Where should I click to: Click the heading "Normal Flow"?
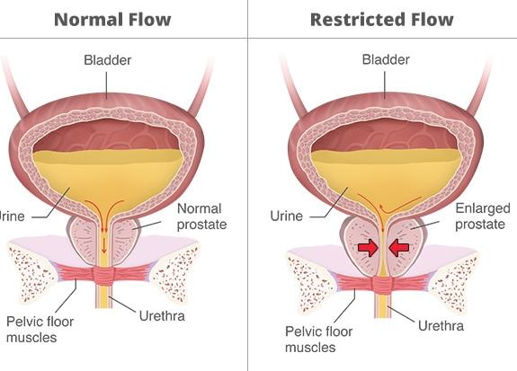coord(112,20)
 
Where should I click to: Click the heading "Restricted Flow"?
coord(382,20)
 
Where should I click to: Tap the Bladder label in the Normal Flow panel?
coord(108,60)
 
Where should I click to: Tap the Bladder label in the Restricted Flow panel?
coord(386,59)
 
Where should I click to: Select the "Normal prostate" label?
coord(201,216)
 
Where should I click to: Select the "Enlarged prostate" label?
coord(483,216)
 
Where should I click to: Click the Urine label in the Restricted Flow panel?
coord(286,216)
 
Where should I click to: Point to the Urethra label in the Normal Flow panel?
coord(162,316)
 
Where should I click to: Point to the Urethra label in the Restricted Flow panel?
coord(441,326)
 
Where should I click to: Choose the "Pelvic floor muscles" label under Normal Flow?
coord(40,330)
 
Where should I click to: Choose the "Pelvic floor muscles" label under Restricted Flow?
coord(318,340)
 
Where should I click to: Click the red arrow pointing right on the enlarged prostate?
coord(368,247)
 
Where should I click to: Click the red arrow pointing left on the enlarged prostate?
coord(399,247)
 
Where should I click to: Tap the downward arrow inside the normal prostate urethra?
coord(104,245)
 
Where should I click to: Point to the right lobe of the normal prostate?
coord(125,239)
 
